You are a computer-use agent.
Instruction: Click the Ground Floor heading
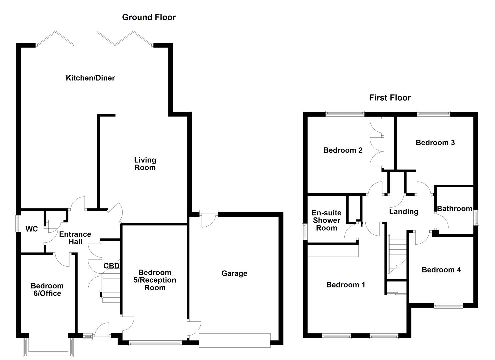tap(149, 17)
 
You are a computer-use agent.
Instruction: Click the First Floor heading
tap(390, 98)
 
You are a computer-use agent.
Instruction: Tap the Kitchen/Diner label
tap(90, 78)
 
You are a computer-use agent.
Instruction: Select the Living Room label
tap(145, 164)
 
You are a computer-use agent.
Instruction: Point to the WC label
tap(32, 229)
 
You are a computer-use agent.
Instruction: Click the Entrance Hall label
tap(75, 238)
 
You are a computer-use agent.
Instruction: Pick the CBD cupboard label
tap(111, 266)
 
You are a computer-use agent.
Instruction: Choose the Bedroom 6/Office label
tap(47, 290)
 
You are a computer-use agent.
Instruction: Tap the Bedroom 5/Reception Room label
tap(155, 280)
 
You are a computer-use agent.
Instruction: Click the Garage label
tap(234, 273)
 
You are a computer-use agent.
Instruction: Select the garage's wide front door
tap(234, 340)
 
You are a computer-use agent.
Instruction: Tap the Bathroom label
tap(454, 209)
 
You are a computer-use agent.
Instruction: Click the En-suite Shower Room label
tap(326, 220)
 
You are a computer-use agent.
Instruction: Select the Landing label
tap(404, 212)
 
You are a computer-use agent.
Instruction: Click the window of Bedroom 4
tap(448, 305)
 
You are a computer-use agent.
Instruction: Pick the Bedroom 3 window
tap(433, 114)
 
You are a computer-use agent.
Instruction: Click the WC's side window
tap(19, 224)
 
